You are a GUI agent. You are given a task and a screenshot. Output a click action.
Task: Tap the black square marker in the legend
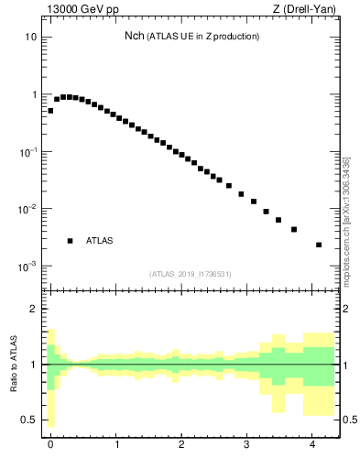pos(70,241)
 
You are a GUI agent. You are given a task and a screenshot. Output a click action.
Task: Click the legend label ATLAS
pos(99,241)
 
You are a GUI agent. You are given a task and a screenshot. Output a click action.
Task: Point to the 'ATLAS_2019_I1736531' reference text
pos(191,274)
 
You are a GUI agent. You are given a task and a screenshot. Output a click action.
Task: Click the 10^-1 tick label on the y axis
pos(28,151)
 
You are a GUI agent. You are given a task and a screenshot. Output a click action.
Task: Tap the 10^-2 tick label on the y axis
pos(28,209)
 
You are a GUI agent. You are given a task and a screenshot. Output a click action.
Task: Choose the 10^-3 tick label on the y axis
pos(28,266)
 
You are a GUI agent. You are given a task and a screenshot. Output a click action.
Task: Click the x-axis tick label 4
pos(314,445)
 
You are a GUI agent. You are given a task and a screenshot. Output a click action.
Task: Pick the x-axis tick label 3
pos(248,445)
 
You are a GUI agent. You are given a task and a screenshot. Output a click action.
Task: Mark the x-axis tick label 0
pos(50,445)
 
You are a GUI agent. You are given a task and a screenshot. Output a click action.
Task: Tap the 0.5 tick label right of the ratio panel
pos(348,420)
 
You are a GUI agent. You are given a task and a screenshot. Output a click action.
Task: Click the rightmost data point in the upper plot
pos(319,245)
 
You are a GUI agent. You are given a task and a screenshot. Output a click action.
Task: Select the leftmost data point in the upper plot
pos(50,110)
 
